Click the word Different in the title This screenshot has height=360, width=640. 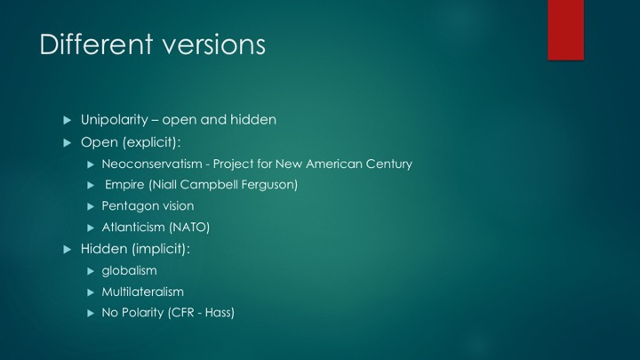96,44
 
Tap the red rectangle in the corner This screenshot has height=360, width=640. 565,30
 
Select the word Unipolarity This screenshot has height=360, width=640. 115,120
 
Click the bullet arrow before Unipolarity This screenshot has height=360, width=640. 68,120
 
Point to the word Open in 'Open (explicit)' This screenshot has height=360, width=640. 100,142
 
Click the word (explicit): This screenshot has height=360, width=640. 151,142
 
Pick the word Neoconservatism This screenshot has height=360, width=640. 152,164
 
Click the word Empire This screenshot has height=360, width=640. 124,185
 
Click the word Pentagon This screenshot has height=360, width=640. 128,206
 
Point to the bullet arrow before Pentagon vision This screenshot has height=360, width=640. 91,206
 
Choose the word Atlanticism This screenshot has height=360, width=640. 133,228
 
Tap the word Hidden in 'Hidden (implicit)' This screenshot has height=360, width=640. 104,249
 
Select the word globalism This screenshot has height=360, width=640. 130,270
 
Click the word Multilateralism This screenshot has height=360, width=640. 143,292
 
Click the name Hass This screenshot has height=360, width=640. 220,313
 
